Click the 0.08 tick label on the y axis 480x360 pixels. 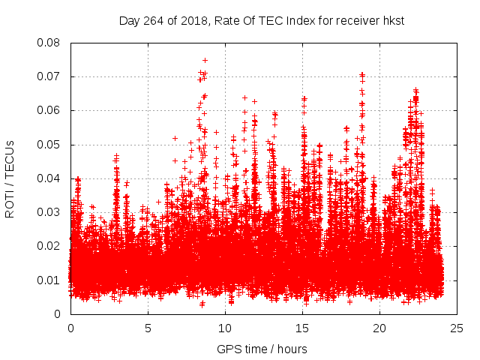coord(49,43)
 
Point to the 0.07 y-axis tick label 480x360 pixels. coord(49,76)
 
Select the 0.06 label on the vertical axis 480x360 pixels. coord(49,110)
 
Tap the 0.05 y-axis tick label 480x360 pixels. coord(49,145)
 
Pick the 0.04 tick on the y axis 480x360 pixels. coord(49,178)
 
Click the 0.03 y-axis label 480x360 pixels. coord(49,212)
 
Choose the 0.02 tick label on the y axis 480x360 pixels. coord(49,246)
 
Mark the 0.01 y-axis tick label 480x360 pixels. coord(49,280)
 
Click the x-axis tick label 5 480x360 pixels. coord(148,328)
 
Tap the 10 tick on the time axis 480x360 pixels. coord(225,328)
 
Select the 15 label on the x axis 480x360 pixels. coord(302,328)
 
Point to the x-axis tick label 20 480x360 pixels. coord(379,328)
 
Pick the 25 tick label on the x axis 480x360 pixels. coord(457,328)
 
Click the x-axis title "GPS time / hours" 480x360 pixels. coord(262,349)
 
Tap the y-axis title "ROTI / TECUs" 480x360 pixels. coord(10,178)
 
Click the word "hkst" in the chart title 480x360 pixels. coord(392,20)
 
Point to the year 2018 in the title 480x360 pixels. coord(193,20)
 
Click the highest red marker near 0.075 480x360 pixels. coord(205,60)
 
